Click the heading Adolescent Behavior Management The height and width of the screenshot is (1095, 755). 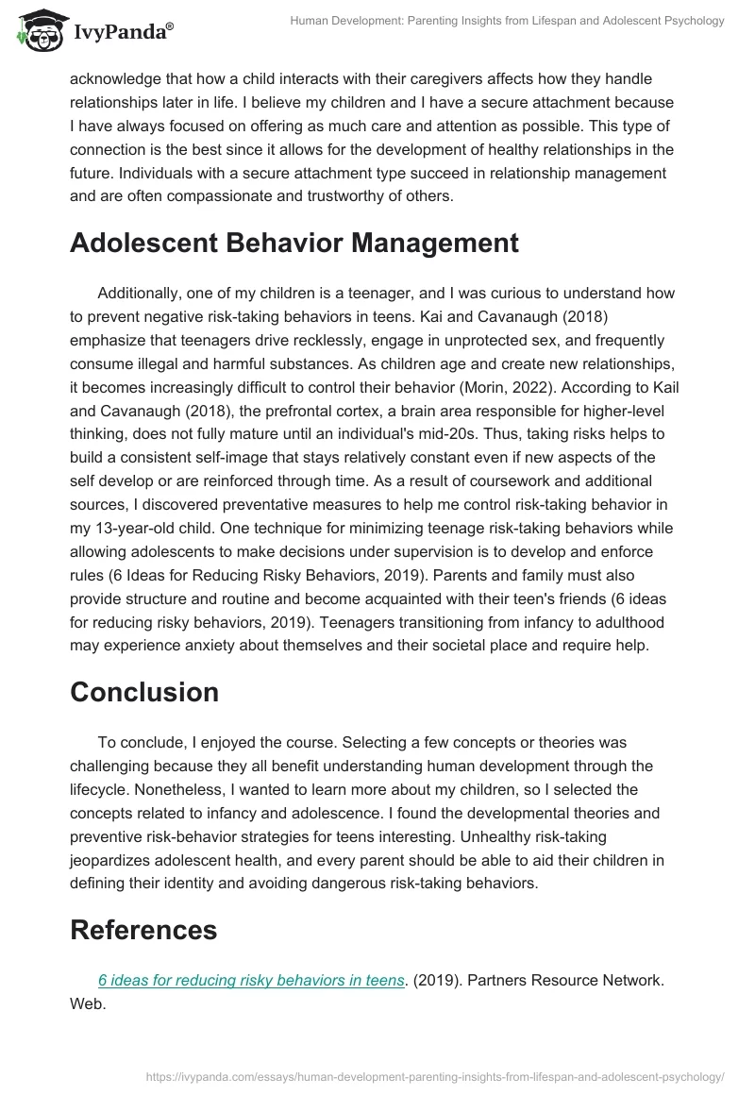(294, 243)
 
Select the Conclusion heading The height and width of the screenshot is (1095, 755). (144, 691)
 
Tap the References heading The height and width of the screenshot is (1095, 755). (143, 929)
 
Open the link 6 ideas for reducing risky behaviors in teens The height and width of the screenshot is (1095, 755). (251, 980)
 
